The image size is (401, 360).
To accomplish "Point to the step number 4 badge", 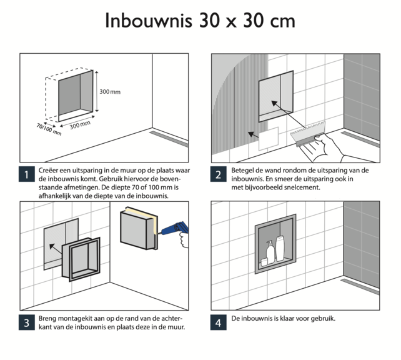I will click(x=218, y=322).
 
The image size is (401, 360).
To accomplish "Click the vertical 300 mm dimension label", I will click(x=110, y=92).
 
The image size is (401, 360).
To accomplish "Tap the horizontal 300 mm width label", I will click(x=79, y=125).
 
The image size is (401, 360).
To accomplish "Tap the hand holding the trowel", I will click(x=331, y=148).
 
